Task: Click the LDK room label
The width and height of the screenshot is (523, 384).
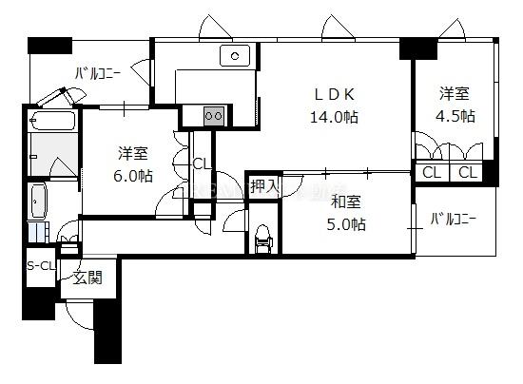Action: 335,95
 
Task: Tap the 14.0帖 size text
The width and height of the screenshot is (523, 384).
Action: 334,117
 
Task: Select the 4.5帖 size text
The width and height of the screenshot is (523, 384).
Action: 455,116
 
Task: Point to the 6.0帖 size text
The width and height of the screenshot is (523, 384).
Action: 133,176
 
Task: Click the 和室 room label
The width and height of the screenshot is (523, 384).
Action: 345,202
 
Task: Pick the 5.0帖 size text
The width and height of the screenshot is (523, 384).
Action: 346,224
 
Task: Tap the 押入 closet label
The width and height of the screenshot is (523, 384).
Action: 263,186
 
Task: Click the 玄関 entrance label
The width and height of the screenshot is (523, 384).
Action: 87,278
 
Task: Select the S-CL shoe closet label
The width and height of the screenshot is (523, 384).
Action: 41,266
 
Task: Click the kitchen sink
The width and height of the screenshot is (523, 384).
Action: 235,56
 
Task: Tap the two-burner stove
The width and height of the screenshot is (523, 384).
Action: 214,116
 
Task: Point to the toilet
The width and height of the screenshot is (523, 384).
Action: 263,239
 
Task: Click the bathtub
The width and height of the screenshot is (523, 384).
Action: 52,120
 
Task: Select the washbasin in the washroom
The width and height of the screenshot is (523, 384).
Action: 39,202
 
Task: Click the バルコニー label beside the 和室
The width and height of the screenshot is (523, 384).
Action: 454,219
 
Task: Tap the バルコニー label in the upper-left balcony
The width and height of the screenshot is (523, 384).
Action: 97,73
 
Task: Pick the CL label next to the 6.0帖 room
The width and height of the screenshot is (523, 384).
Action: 202,164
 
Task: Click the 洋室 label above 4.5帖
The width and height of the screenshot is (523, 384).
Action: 454,93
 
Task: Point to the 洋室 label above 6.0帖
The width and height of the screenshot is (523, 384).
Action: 133,153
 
